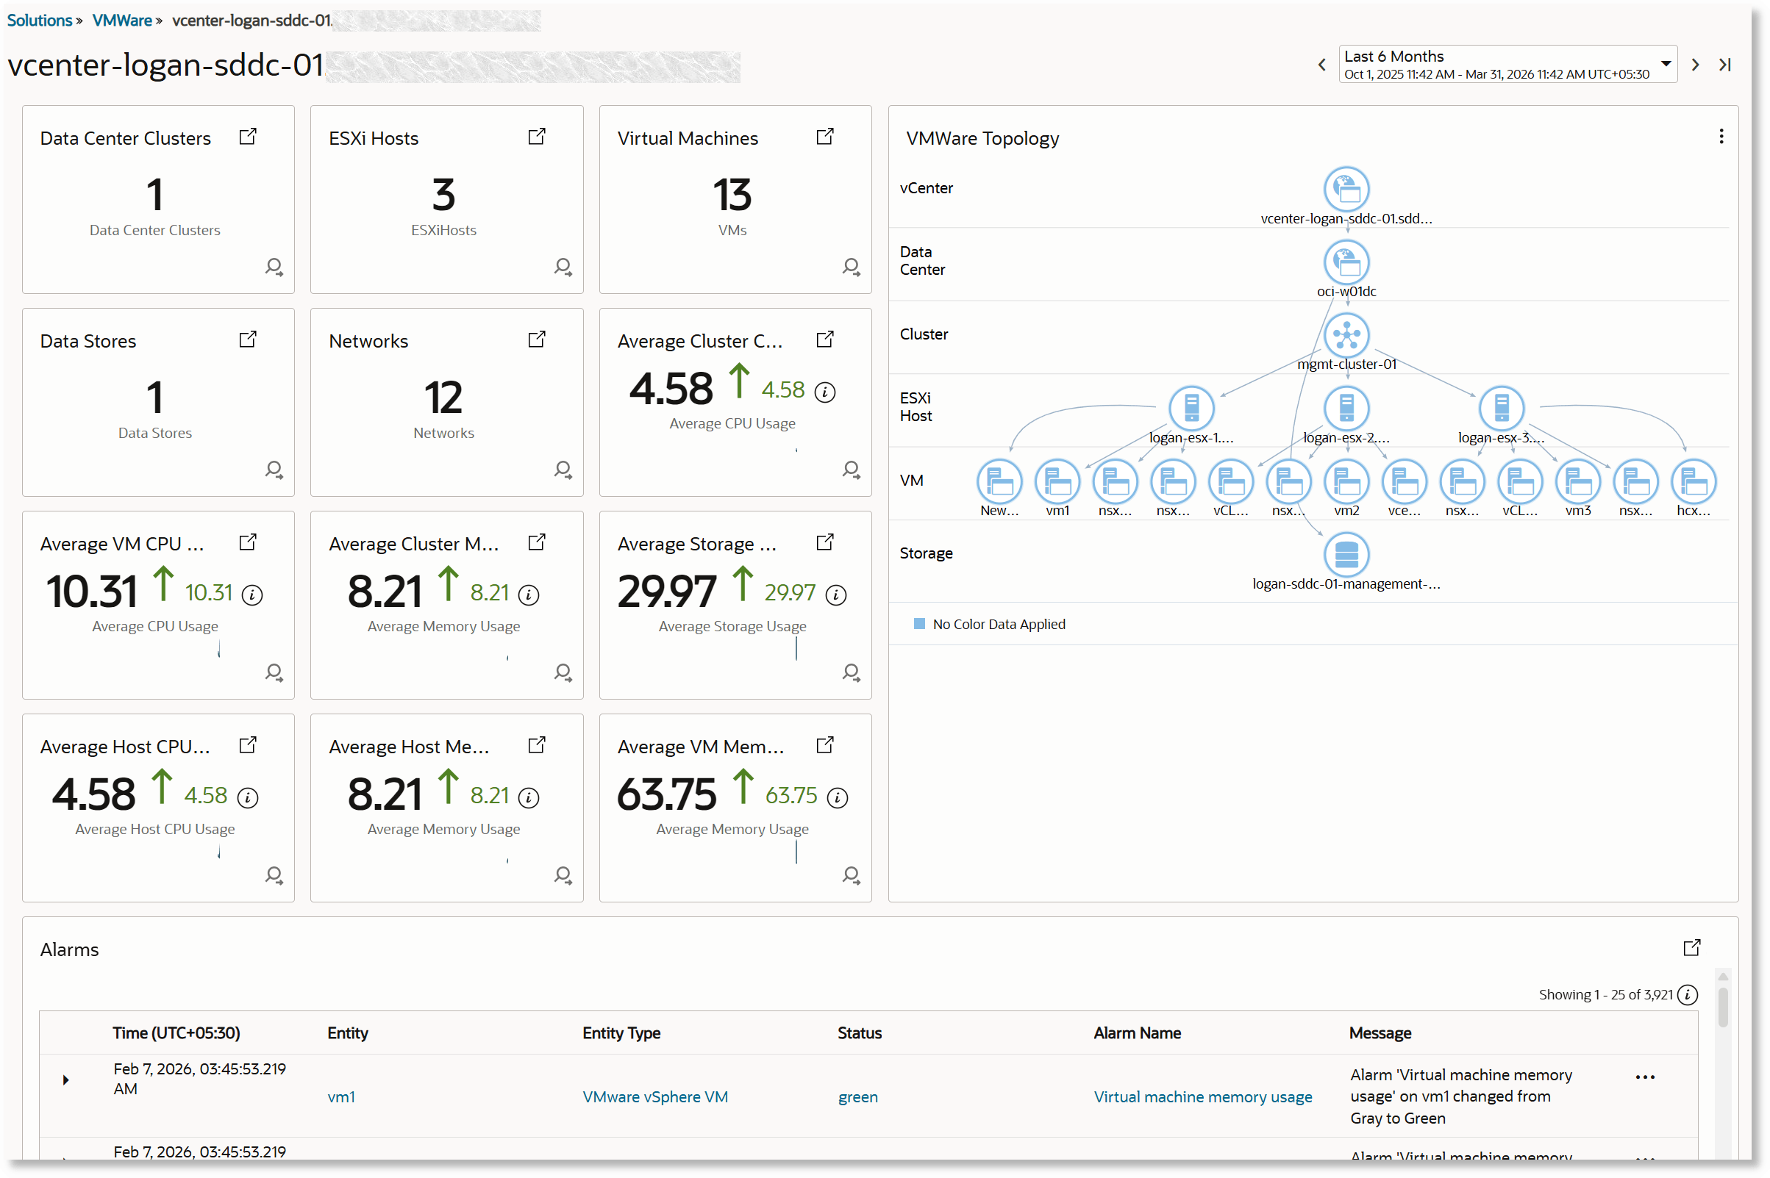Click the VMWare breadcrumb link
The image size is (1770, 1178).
tap(122, 21)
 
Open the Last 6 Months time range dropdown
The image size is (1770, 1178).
tap(1665, 64)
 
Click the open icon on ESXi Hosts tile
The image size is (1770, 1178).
tap(537, 137)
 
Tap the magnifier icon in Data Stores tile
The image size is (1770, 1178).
tap(274, 470)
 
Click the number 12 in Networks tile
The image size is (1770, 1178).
tap(443, 398)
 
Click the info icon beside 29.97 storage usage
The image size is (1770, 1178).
tap(836, 595)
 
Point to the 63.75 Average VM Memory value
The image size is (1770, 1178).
tap(667, 794)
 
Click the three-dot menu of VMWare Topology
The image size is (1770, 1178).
tap(1721, 137)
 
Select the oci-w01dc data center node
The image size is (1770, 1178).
tap(1346, 262)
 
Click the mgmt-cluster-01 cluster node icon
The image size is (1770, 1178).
tap(1346, 334)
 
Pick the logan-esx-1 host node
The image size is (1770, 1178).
tap(1191, 408)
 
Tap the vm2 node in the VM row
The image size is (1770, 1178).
tap(1346, 481)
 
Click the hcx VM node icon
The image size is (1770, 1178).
tap(1694, 481)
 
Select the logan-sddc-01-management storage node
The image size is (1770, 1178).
tap(1346, 554)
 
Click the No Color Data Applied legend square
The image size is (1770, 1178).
tap(919, 624)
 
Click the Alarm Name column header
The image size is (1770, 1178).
tap(1137, 1033)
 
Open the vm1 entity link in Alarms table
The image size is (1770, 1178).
tap(341, 1097)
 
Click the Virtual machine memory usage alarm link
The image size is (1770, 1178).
tap(1202, 1097)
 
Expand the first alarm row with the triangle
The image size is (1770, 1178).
tap(66, 1080)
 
